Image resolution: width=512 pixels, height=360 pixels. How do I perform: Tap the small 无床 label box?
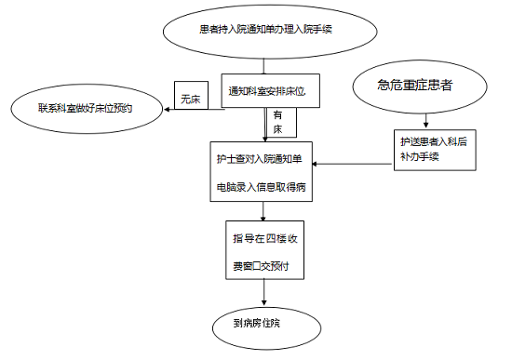190,98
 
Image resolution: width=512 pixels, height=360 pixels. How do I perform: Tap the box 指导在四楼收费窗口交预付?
265,252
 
